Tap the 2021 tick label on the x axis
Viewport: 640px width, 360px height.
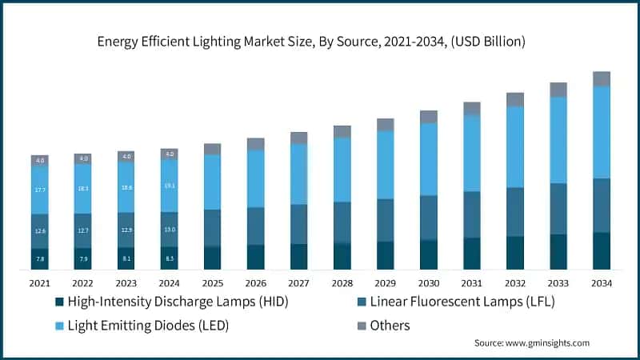point(40,283)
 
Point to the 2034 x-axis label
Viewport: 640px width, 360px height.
point(602,283)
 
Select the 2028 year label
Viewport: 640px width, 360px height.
point(342,283)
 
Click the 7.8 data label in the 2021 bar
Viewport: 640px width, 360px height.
point(40,258)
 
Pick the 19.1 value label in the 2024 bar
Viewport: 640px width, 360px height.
point(169,186)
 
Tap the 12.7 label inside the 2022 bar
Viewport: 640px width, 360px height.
point(83,230)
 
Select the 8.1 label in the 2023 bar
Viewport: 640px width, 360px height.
point(126,258)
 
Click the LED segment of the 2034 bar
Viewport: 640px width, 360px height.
point(602,132)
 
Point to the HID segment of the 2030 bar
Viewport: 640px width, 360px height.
point(429,254)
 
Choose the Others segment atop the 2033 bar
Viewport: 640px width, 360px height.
point(558,90)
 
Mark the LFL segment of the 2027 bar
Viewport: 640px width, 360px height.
point(298,224)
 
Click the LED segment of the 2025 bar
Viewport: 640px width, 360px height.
point(212,182)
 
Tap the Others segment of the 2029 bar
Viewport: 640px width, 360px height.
point(386,124)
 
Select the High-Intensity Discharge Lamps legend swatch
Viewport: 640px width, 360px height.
point(58,302)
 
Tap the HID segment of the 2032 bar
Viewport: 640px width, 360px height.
point(515,253)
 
